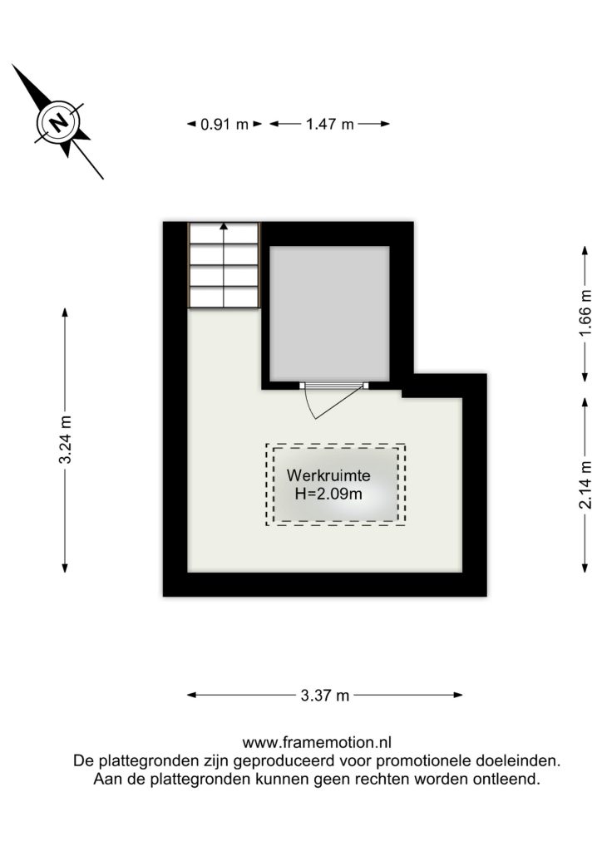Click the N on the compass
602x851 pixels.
point(59,122)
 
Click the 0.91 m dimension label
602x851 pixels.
point(225,125)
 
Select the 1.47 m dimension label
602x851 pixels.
point(329,125)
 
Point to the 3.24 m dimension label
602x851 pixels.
point(65,440)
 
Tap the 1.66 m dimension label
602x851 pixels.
point(585,313)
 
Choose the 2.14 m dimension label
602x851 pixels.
point(585,485)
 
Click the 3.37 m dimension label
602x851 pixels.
point(325,696)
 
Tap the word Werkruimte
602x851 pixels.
point(328,475)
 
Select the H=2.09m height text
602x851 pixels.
point(328,494)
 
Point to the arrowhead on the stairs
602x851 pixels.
point(224,226)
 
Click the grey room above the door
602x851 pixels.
point(329,313)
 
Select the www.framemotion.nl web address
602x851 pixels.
point(317,742)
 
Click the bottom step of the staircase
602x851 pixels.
point(224,298)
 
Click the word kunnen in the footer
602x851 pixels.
point(286,780)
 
